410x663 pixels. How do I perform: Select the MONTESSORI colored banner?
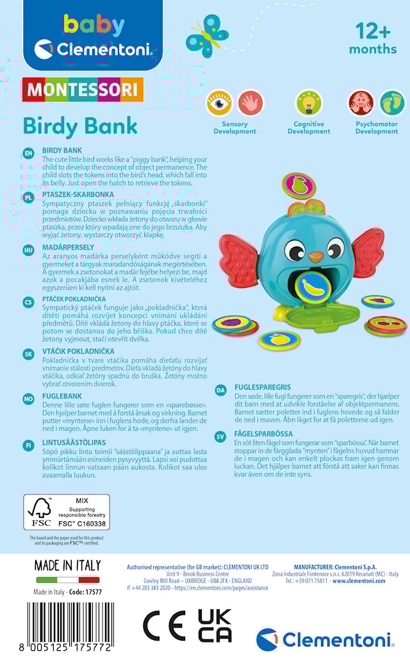pyautogui.click(x=83, y=90)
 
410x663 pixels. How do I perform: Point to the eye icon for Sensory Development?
pyautogui.click(x=218, y=103)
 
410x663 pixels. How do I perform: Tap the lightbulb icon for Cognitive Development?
pyautogui.click(x=308, y=103)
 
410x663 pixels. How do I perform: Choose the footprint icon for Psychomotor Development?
pyautogui.click(x=391, y=103)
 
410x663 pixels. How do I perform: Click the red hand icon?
pyautogui.click(x=250, y=103)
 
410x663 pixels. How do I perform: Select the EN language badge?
pyautogui.click(x=28, y=153)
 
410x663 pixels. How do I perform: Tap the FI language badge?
pyautogui.click(x=28, y=445)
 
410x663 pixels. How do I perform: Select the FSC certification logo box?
pyautogui.click(x=67, y=512)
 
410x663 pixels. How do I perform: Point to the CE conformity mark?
pyautogui.click(x=163, y=626)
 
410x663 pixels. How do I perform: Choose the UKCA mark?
pyautogui.click(x=214, y=626)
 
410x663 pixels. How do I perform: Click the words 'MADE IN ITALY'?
pyautogui.click(x=67, y=566)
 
